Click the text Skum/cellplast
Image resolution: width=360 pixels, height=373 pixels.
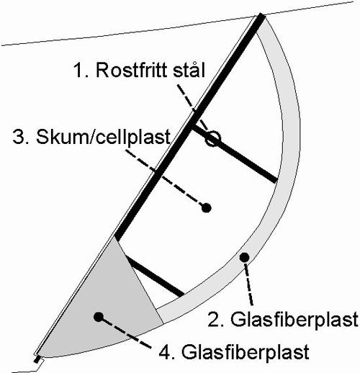[x=103, y=138]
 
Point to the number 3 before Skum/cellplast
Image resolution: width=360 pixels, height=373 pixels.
[x=19, y=137]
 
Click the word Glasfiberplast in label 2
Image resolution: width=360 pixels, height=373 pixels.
[x=294, y=319]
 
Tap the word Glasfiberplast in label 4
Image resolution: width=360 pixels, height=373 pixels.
[x=245, y=351]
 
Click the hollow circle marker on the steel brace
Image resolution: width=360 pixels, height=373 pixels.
[x=212, y=139]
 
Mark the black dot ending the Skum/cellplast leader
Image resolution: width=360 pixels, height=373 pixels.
[x=207, y=208]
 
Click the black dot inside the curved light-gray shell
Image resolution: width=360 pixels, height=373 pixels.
[x=245, y=257]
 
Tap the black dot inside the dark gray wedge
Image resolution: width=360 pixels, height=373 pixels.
[x=99, y=317]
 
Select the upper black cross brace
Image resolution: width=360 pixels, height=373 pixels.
[x=234, y=153]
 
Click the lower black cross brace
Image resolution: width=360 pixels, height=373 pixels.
[x=154, y=277]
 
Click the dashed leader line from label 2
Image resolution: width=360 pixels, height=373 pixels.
[x=249, y=284]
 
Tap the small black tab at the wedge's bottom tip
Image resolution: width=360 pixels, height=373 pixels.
[x=37, y=359]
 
